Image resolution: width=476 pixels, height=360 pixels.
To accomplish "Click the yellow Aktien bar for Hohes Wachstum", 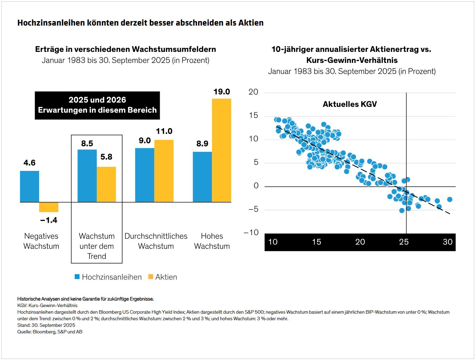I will tap(222, 150).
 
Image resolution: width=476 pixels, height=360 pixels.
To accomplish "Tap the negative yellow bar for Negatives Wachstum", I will tap(49, 207).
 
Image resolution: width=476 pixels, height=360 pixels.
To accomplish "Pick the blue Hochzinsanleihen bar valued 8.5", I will tap(87, 176).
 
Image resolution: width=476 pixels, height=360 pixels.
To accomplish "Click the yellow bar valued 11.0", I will tap(164, 171).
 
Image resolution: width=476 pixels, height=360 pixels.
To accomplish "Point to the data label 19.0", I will tap(222, 92).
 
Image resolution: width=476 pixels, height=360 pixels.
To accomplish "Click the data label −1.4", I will tap(49, 220).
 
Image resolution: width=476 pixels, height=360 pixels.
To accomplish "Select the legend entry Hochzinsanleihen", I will tap(108, 277).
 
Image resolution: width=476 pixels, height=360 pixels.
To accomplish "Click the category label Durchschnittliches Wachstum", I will tap(156, 241).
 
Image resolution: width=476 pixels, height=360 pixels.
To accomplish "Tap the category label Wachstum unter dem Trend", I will tap(97, 246).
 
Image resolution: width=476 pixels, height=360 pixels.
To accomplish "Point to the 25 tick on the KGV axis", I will tap(404, 242).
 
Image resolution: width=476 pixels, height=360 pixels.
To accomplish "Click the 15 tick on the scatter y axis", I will tap(253, 116).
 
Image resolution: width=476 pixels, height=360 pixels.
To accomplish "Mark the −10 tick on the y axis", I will tap(251, 232).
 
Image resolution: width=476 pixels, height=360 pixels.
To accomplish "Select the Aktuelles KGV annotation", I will tap(349, 104).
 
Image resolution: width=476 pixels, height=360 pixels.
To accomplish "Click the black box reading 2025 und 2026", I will tap(97, 105).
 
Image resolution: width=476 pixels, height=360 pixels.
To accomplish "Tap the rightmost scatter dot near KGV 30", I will tap(449, 200).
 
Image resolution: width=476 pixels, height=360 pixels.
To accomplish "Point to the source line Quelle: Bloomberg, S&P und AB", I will tap(50, 332).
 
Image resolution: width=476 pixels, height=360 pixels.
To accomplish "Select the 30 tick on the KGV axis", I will tap(448, 242).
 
